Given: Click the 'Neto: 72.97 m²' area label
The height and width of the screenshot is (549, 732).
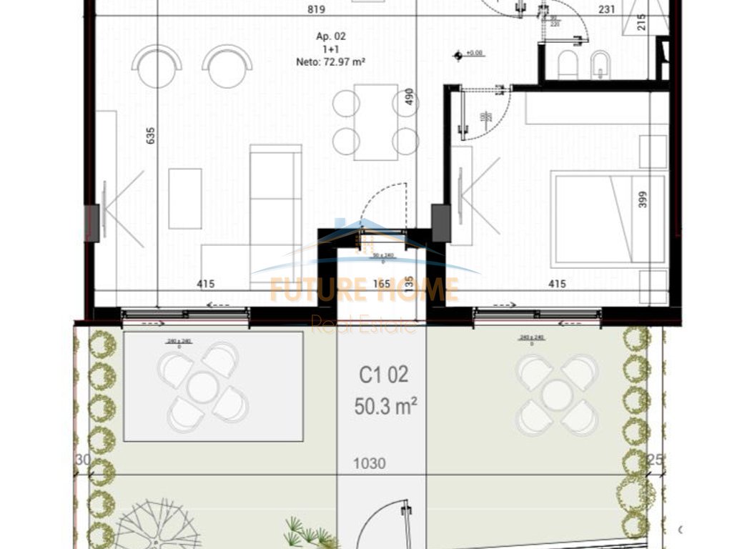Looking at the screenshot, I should pyautogui.click(x=331, y=62).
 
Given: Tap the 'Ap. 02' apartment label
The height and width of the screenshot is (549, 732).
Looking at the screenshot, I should pyautogui.click(x=331, y=36).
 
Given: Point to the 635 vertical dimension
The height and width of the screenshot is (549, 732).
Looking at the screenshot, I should pyautogui.click(x=151, y=136).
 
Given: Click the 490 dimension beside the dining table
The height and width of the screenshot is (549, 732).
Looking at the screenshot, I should pyautogui.click(x=410, y=97).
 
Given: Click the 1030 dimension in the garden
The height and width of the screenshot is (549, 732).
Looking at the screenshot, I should pyautogui.click(x=369, y=464).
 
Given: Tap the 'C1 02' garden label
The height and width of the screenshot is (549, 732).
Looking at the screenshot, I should pyautogui.click(x=383, y=375).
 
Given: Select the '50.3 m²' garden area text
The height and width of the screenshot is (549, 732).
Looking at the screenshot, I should pyautogui.click(x=385, y=407).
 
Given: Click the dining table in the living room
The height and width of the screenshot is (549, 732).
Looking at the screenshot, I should pyautogui.click(x=375, y=122).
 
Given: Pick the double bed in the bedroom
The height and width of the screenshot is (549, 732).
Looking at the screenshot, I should pyautogui.click(x=609, y=219).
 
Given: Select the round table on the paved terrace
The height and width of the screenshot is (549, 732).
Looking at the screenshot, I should pyautogui.click(x=203, y=387).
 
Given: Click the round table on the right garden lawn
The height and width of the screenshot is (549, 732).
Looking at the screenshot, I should pyautogui.click(x=557, y=395).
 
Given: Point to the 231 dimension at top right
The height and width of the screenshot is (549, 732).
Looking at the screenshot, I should pyautogui.click(x=607, y=10).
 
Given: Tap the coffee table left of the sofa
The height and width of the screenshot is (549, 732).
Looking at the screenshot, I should pyautogui.click(x=185, y=198).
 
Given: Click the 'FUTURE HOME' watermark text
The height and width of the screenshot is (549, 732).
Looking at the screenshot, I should pyautogui.click(x=364, y=290).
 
